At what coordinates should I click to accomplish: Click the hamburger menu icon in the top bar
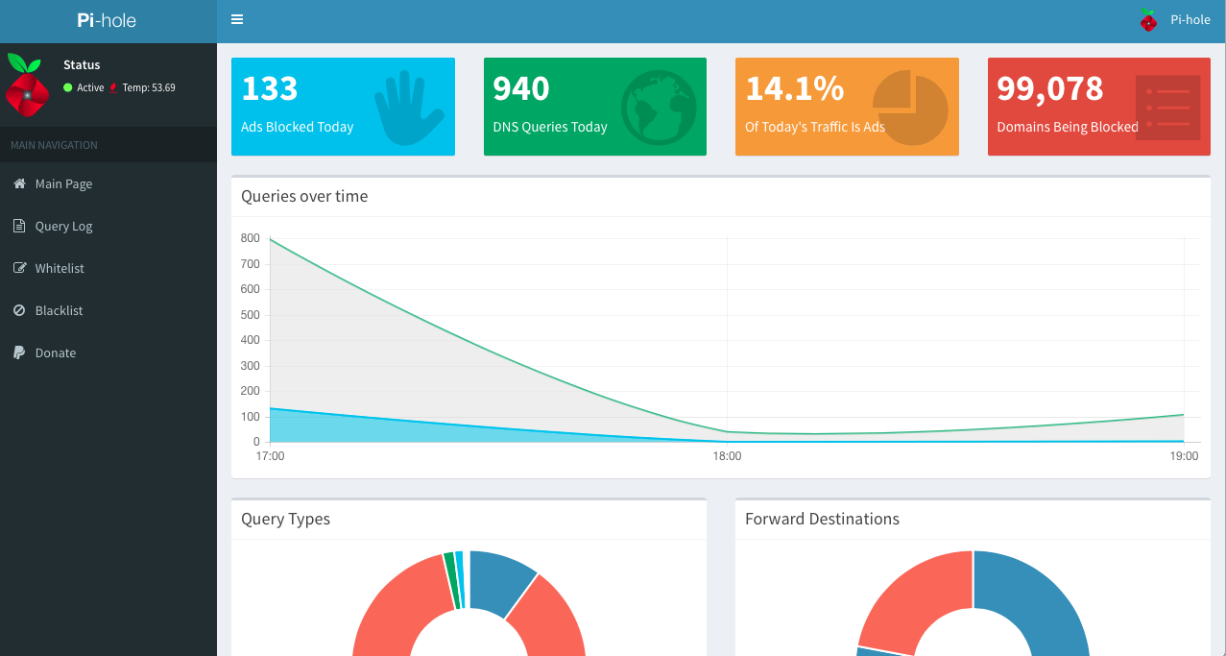pos(237,19)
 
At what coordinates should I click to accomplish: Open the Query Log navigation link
pos(63,227)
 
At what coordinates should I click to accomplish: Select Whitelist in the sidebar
pos(60,269)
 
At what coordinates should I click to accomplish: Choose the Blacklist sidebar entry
pos(59,311)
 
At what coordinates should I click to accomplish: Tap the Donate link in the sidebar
pos(55,353)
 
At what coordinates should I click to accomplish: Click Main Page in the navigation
pos(63,184)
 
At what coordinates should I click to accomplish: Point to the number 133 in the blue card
pos(270,88)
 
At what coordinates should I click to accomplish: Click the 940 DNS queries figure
pos(521,88)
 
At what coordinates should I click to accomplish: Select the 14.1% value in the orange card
pos(794,88)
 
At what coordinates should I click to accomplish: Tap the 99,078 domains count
pos(1049,88)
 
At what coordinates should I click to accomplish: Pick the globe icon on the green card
pos(659,107)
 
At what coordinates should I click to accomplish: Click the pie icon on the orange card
pos(910,107)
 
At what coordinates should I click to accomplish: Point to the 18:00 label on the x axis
pos(727,456)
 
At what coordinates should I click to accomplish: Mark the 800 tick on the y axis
pos(250,238)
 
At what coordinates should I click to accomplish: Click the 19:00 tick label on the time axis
pos(1184,456)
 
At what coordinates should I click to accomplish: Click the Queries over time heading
pos(304,196)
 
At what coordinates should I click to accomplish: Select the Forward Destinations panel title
pos(822,519)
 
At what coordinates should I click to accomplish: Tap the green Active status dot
pos(68,87)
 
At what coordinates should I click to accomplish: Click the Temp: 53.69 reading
pos(149,87)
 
